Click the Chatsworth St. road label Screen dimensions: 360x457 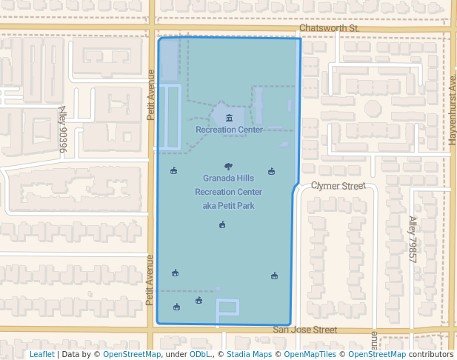pos(329,28)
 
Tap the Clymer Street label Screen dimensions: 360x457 pos(338,186)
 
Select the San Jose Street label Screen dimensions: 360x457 pos(304,330)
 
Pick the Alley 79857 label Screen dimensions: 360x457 pos(413,239)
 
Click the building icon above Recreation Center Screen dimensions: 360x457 pos(229,119)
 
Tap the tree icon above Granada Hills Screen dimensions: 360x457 pos(227,167)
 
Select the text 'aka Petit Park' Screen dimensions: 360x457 pos(228,205)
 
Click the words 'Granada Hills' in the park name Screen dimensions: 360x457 pos(228,179)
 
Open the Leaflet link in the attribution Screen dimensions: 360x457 pos(41,354)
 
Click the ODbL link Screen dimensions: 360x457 pos(200,354)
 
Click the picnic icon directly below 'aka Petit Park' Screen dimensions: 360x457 pos(222,225)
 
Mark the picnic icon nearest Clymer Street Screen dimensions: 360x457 pos(272,172)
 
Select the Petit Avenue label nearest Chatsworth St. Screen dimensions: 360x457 pos(150,95)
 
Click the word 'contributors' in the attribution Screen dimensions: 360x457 pos(431,354)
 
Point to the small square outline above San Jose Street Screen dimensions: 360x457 pos(227,307)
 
